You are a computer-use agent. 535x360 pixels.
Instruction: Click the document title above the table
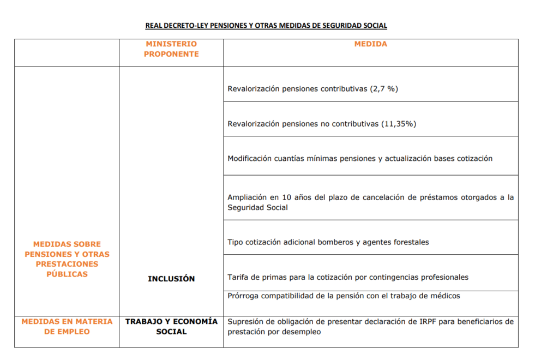266,26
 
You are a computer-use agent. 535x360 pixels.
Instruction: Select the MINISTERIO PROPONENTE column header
171,49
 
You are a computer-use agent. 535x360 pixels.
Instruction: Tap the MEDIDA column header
371,44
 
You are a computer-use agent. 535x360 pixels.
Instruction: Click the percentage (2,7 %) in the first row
384,89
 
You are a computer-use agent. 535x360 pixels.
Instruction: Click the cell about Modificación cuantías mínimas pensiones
360,159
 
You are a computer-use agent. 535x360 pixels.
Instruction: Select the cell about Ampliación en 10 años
370,202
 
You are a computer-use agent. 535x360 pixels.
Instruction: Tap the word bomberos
334,242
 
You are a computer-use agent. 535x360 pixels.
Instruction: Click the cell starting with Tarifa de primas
348,277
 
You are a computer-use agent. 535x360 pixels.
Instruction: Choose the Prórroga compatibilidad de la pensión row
344,296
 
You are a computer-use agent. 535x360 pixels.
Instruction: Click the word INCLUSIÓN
171,279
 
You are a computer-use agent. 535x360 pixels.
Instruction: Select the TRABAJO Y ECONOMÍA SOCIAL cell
171,326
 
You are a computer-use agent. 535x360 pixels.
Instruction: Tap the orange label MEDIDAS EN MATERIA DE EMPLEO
67,326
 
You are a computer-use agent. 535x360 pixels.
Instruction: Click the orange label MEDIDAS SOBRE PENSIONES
67,259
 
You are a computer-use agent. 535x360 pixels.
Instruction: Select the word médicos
444,296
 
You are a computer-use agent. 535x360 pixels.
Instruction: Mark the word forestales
410,242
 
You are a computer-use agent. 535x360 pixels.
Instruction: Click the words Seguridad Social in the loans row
258,208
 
